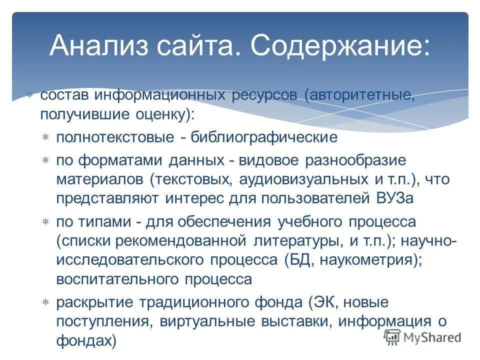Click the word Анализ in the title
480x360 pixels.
tap(98, 46)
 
